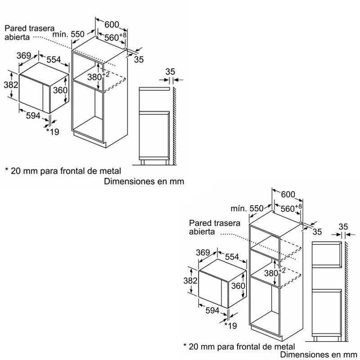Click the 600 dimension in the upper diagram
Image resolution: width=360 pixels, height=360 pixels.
click(112, 25)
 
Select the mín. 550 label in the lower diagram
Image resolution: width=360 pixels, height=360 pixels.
click(247, 208)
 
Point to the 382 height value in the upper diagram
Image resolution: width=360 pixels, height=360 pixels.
click(11, 85)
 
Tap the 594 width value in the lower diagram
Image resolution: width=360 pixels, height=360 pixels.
click(212, 310)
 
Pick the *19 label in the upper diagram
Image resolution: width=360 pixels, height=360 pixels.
click(53, 132)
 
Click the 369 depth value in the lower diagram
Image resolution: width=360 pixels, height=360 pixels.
click(203, 252)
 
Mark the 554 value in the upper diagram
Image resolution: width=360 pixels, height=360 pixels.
click(54, 60)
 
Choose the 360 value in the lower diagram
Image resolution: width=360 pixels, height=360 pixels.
click(238, 286)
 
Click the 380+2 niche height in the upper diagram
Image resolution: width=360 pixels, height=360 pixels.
click(98, 76)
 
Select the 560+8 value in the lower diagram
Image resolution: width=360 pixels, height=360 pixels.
click(291, 208)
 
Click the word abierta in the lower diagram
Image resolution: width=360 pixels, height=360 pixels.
click(202, 232)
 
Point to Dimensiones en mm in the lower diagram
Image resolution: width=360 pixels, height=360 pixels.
click(319, 355)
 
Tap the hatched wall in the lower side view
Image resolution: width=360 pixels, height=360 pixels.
click(346, 292)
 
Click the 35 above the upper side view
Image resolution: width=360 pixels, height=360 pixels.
click(170, 72)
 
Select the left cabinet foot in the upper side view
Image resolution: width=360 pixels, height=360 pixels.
click(142, 162)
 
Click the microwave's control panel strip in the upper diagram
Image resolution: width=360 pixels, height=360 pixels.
click(46, 99)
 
